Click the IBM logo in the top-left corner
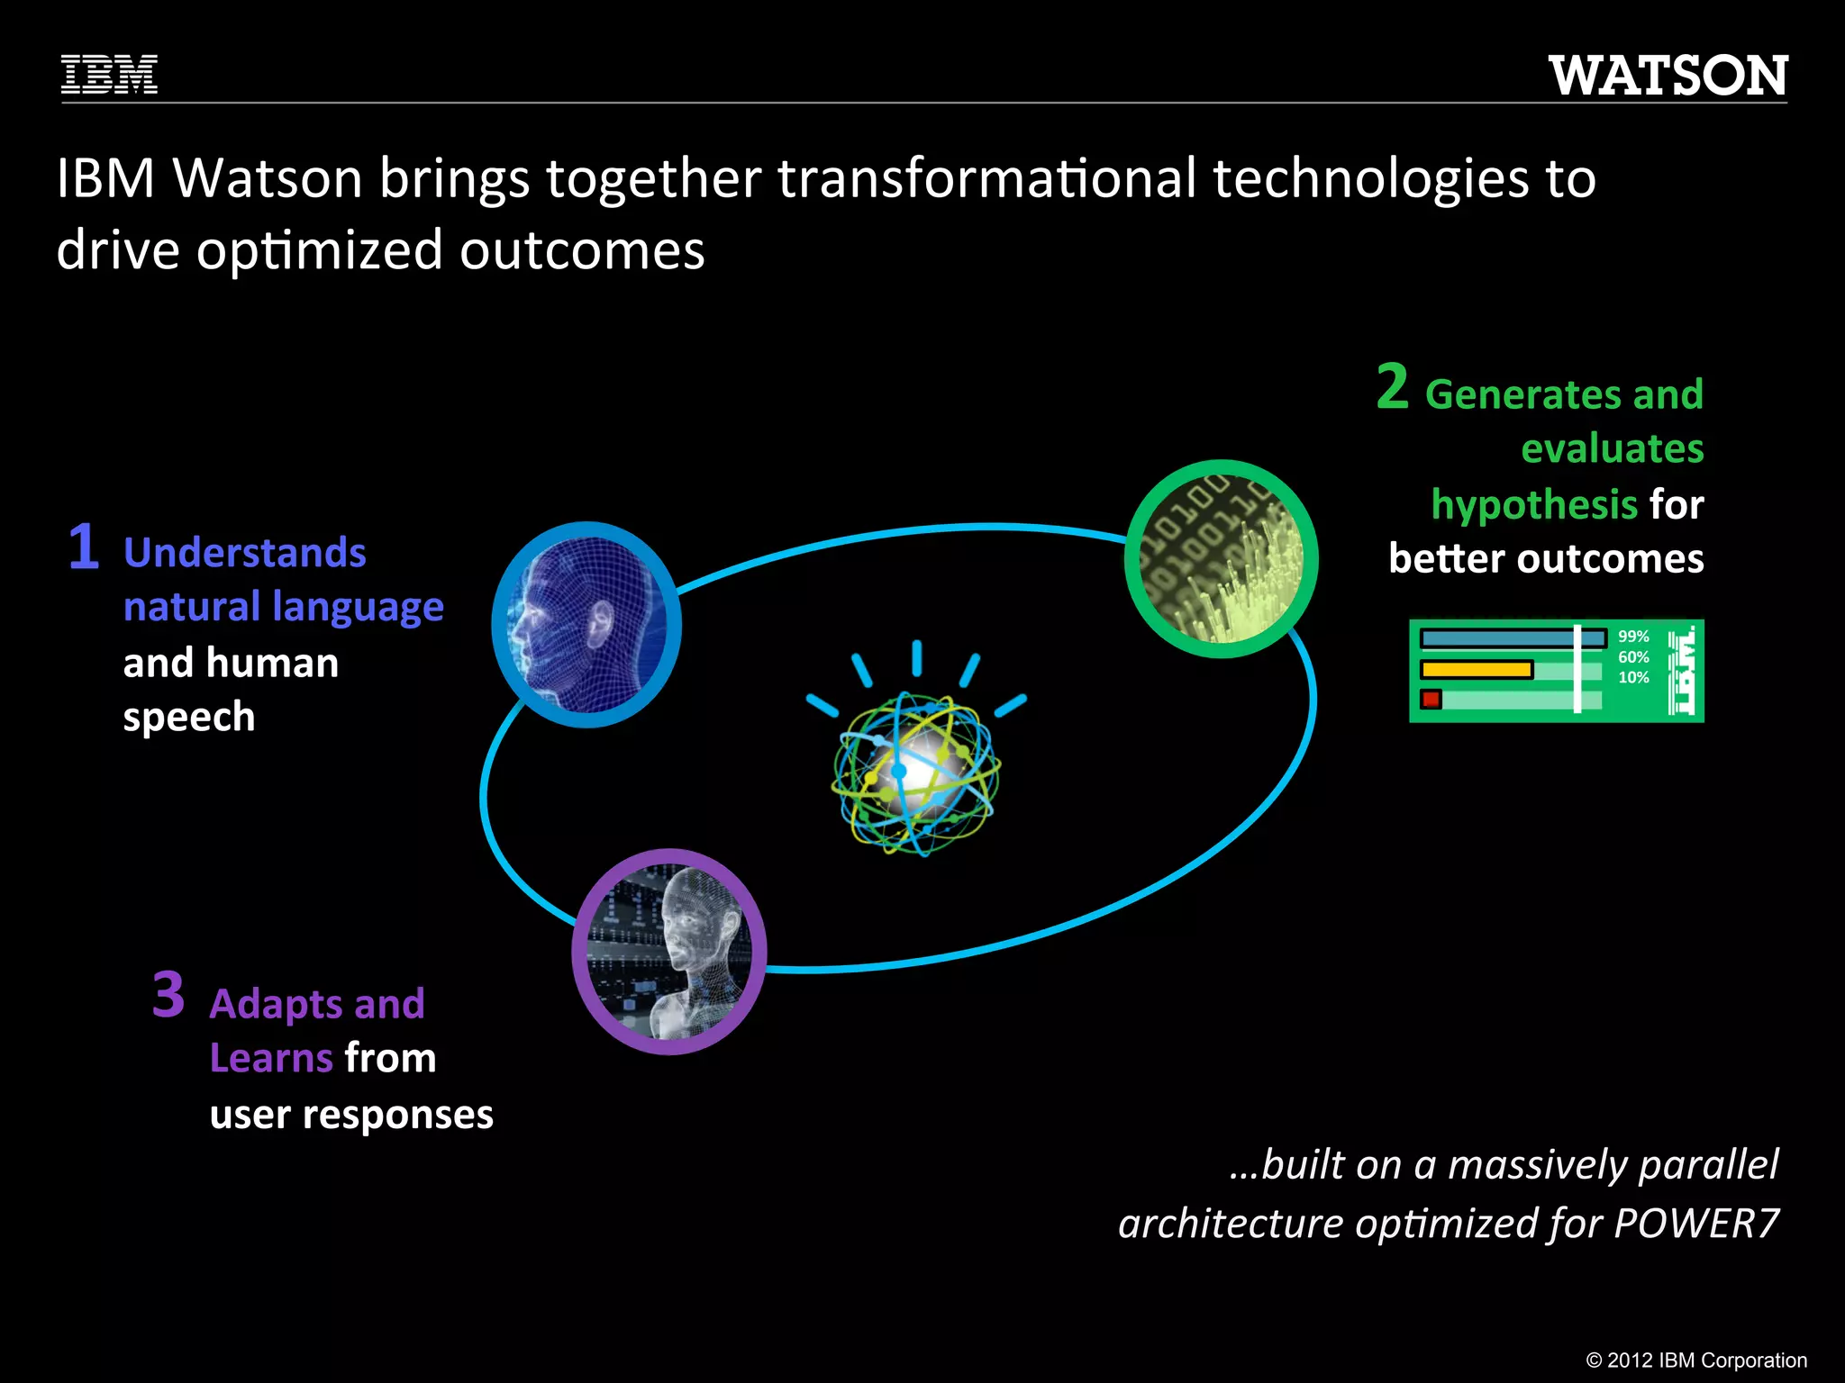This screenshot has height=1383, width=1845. pyautogui.click(x=109, y=75)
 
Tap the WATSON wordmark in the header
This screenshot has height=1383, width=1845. pyautogui.click(x=1668, y=76)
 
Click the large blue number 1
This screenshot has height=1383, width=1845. pyautogui.click(x=84, y=547)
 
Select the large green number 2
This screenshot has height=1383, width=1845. pyautogui.click(x=1392, y=387)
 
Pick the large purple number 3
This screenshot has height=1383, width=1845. pyautogui.click(x=168, y=995)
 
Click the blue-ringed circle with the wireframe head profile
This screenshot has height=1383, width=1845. pyautogui.click(x=586, y=625)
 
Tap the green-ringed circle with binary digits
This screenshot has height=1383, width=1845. pyautogui.click(x=1221, y=559)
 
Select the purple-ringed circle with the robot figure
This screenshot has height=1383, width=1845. pyautogui.click(x=668, y=952)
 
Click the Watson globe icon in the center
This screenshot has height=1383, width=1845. pyautogui.click(x=916, y=770)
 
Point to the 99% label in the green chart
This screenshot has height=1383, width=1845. pyautogui.click(x=1633, y=637)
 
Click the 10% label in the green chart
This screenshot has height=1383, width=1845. pyautogui.click(x=1633, y=678)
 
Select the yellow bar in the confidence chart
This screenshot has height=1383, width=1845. pyautogui.click(x=1477, y=670)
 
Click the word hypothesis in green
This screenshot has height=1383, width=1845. pyautogui.click(x=1534, y=504)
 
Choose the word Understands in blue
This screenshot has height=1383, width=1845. pyautogui.click(x=244, y=553)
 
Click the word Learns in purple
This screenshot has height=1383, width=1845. pyautogui.click(x=271, y=1058)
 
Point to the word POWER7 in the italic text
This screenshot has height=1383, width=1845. pyautogui.click(x=1695, y=1224)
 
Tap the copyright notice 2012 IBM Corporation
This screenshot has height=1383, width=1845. pyautogui.click(x=1696, y=1360)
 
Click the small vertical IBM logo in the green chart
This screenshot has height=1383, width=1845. pyautogui.click(x=1680, y=672)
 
